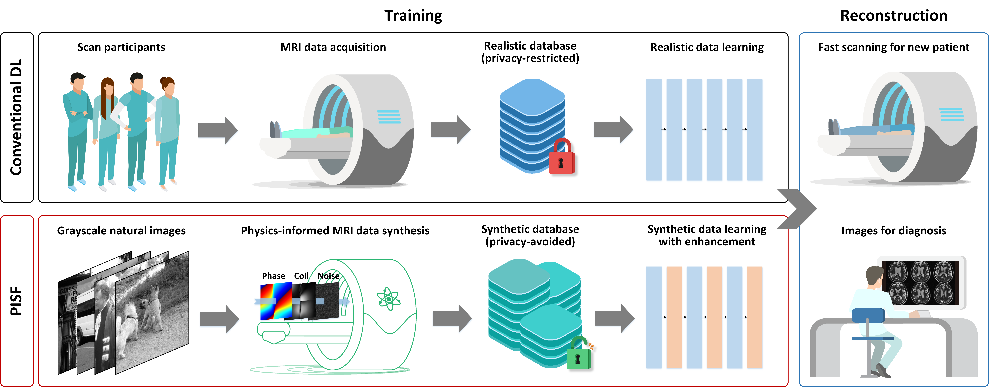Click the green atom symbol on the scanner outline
point(388,298)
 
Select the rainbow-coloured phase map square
point(276,301)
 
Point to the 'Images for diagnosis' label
point(893,231)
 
